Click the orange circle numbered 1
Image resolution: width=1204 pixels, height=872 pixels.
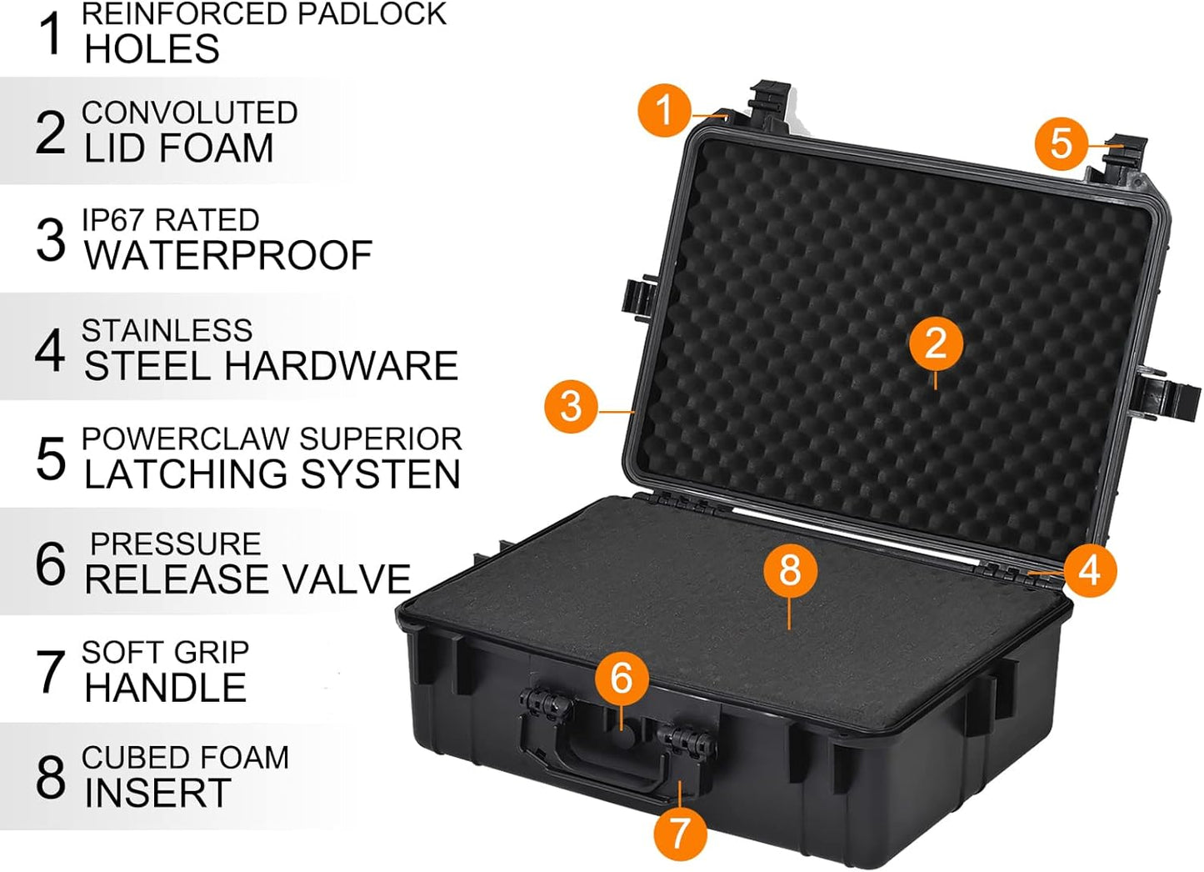tap(664, 110)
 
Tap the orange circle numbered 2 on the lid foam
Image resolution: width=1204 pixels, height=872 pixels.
tap(935, 343)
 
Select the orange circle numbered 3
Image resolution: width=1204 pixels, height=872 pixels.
tap(571, 406)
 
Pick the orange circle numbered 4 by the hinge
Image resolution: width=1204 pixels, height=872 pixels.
tap(1089, 571)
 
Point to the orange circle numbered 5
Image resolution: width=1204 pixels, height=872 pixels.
tap(1061, 143)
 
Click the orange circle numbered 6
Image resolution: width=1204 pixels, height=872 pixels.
tap(622, 678)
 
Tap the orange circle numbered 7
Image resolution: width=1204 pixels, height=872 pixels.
tap(679, 831)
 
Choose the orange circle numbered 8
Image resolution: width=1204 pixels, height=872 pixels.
tap(789, 570)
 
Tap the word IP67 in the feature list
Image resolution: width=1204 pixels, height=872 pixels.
tap(114, 221)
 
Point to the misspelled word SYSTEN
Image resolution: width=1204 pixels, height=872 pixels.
tap(380, 475)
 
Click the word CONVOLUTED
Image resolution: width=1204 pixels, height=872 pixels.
tap(189, 113)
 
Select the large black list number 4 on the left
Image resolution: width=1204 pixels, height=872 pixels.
tap(50, 350)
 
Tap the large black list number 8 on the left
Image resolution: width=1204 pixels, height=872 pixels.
tap(50, 778)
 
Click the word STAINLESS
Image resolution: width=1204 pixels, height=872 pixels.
tap(167, 331)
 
